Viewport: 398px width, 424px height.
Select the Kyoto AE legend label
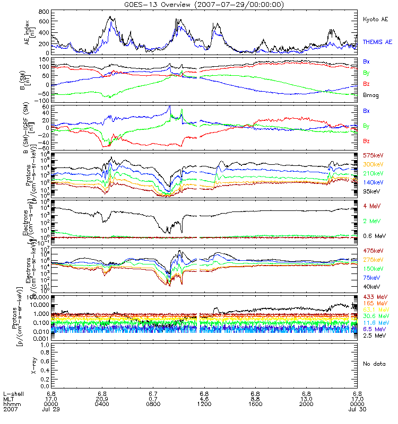[375, 19]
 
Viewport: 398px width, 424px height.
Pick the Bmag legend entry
[370, 95]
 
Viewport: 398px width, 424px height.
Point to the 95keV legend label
[370, 192]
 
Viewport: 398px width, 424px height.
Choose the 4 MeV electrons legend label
[371, 206]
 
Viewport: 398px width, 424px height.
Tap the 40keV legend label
[370, 287]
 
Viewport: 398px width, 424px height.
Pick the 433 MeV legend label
[374, 296]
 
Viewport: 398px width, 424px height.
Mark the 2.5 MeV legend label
[373, 336]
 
